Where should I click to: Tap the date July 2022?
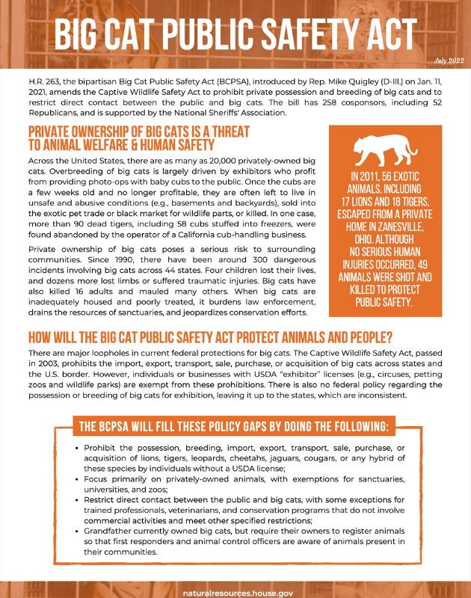[449, 60]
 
